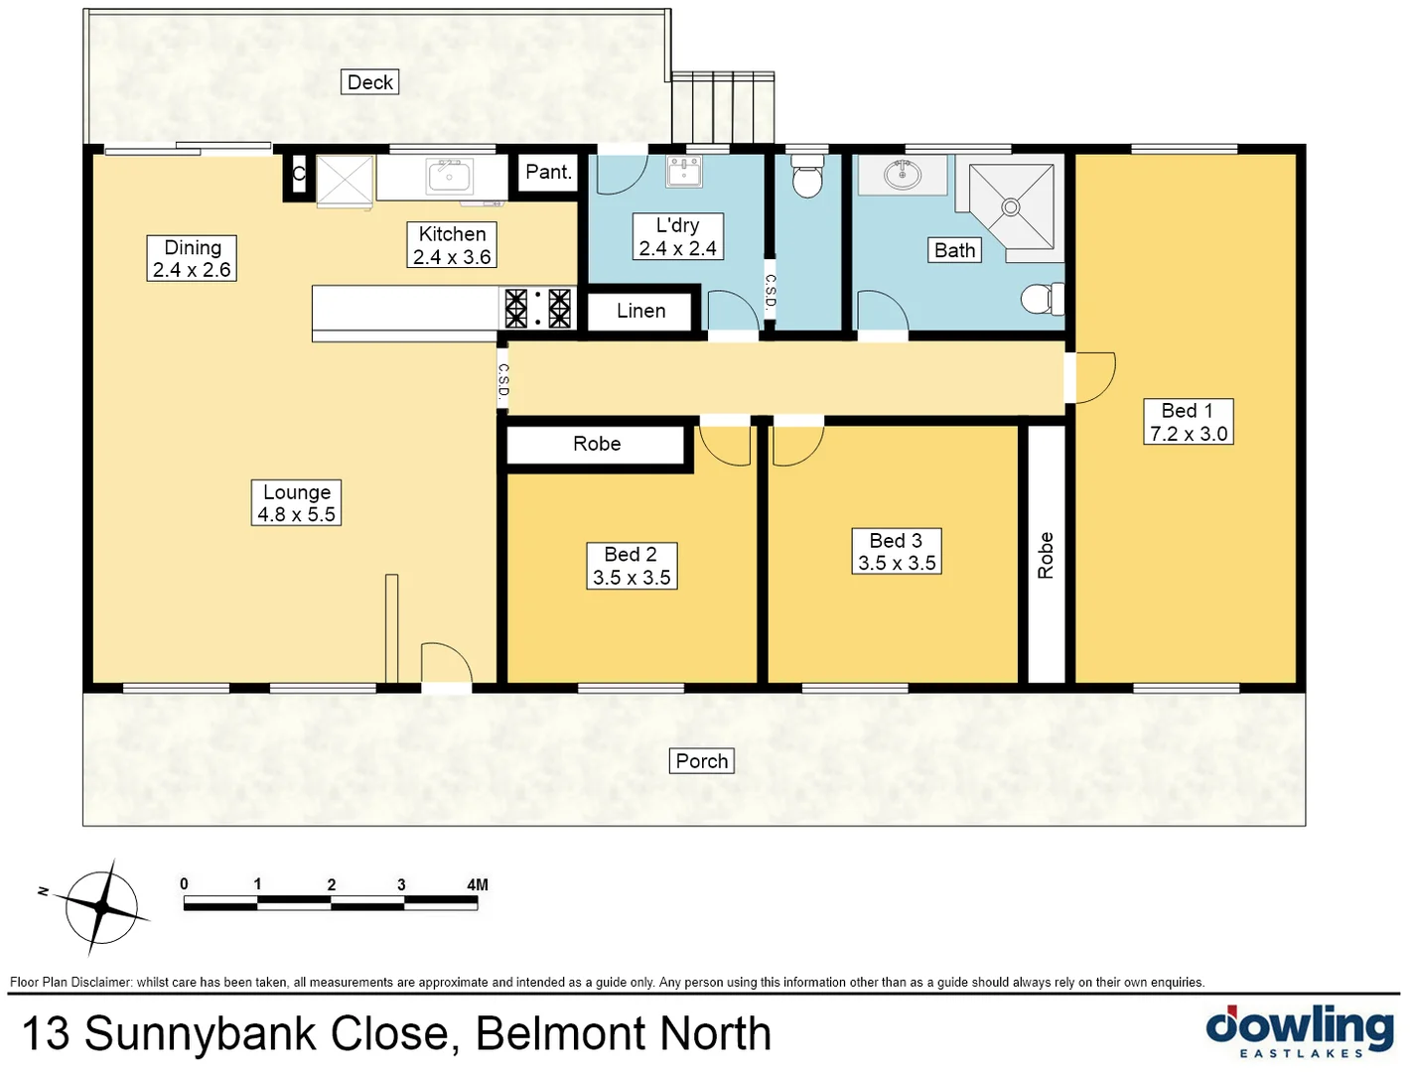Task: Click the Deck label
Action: pyautogui.click(x=370, y=82)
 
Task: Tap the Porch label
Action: pyautogui.click(x=702, y=761)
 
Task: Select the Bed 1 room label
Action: pyautogui.click(x=1189, y=422)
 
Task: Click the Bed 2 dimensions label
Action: pyautogui.click(x=632, y=566)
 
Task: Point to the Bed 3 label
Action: pyautogui.click(x=897, y=552)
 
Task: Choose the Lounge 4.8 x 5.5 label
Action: pyautogui.click(x=297, y=503)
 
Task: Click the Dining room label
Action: pyautogui.click(x=192, y=258)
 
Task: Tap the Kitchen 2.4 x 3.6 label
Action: pyautogui.click(x=452, y=245)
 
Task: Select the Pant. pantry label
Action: pyautogui.click(x=548, y=172)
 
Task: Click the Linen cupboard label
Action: pyautogui.click(x=640, y=311)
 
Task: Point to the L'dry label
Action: pyautogui.click(x=678, y=237)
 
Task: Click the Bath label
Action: pyautogui.click(x=955, y=250)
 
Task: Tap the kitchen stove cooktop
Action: pyautogui.click(x=537, y=308)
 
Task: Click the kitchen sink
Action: pyautogui.click(x=449, y=177)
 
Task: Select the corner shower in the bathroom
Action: pyautogui.click(x=1011, y=206)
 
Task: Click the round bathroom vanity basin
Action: pyautogui.click(x=903, y=175)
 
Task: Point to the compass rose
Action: pyautogui.click(x=101, y=906)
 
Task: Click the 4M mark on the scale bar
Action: pyautogui.click(x=477, y=885)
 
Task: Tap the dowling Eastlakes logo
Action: pyautogui.click(x=1300, y=1032)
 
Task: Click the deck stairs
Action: pyautogui.click(x=723, y=107)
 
